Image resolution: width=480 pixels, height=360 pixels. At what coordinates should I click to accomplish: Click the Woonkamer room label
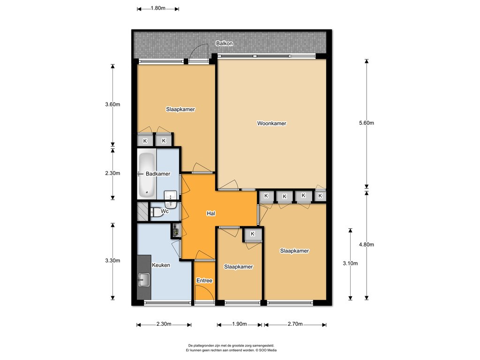[x=271, y=123]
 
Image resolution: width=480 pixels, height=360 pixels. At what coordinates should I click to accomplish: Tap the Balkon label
[x=225, y=44]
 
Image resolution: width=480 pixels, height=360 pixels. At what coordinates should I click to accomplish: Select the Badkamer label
[x=158, y=174]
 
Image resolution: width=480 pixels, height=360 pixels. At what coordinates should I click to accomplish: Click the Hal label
[x=211, y=213]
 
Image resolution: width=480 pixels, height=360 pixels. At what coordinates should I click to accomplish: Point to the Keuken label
[x=161, y=265]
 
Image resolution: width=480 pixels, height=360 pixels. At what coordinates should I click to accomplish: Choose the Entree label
[x=204, y=280]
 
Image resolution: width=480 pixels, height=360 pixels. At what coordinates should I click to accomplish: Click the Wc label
[x=165, y=211]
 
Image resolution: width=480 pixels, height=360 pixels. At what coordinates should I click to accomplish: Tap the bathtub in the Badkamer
[x=147, y=174]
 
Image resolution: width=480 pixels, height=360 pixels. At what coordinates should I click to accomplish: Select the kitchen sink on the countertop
[x=143, y=280]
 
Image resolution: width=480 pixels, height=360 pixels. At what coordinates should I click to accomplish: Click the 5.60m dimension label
[x=367, y=123]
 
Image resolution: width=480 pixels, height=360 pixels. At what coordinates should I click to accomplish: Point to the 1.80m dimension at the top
[x=158, y=8]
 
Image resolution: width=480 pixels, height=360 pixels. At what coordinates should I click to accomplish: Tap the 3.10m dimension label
[x=350, y=263]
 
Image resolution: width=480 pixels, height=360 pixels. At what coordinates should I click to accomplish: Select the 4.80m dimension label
[x=367, y=245]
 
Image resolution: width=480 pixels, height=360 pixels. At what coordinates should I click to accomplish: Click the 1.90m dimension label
[x=240, y=324]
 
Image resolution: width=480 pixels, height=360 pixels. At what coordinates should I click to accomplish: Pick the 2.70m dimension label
[x=295, y=324]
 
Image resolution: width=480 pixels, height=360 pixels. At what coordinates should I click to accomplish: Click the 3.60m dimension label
[x=112, y=105]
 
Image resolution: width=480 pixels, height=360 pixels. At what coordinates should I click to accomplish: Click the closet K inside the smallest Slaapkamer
[x=253, y=234]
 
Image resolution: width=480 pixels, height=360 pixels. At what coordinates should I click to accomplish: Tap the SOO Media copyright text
[x=266, y=350]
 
